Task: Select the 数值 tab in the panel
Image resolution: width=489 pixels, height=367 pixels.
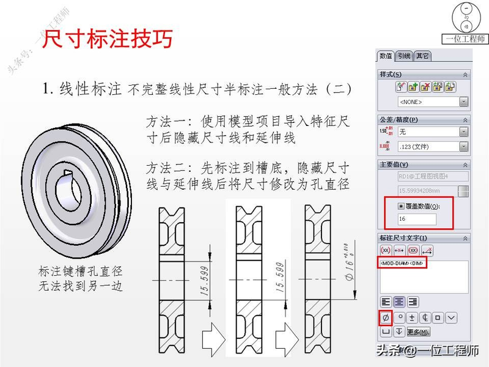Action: tap(386, 56)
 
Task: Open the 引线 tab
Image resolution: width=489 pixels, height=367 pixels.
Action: tap(404, 56)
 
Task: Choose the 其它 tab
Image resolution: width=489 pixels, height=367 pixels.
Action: tap(422, 56)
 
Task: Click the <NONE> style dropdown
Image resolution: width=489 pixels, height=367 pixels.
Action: tap(432, 102)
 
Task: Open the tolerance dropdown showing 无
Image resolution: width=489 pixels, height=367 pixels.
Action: tap(432, 132)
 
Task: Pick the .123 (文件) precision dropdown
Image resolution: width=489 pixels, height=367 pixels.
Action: tap(432, 147)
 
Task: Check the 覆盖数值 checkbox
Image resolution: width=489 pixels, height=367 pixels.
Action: tap(401, 206)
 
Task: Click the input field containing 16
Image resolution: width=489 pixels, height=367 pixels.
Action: tap(416, 218)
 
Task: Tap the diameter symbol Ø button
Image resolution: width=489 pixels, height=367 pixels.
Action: tap(386, 317)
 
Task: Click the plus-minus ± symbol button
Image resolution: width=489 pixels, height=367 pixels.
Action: tap(412, 317)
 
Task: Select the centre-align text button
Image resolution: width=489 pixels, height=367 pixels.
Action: tap(399, 302)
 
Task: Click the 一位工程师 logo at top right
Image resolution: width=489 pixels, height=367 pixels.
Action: tap(466, 24)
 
